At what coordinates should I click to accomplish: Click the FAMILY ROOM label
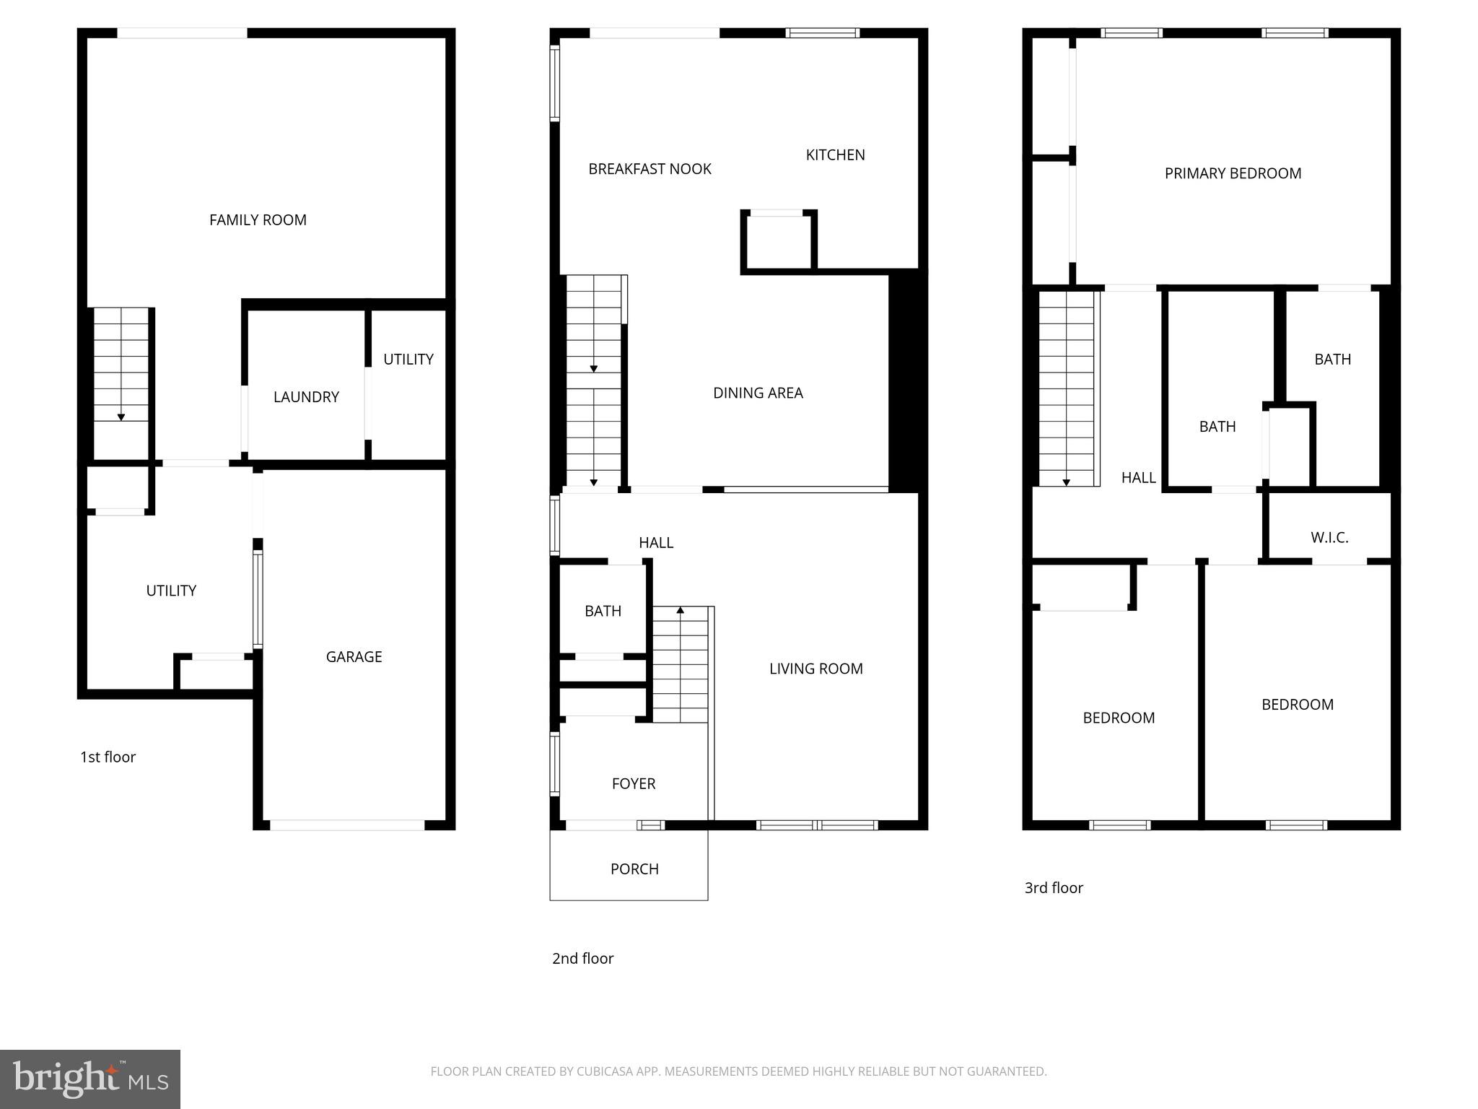tap(258, 220)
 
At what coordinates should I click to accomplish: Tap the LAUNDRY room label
tap(306, 397)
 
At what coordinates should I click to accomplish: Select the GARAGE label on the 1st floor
tap(354, 657)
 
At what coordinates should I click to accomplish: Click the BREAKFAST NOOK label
tap(650, 169)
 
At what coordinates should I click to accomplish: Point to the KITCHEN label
tap(835, 155)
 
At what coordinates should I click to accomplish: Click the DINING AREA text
tap(758, 393)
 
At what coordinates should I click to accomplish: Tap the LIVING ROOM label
tap(815, 669)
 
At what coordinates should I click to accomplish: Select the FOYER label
tap(634, 784)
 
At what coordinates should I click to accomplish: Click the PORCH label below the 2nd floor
tap(634, 869)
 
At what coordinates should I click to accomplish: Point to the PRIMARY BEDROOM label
tap(1233, 174)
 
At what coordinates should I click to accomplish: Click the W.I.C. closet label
tap(1329, 538)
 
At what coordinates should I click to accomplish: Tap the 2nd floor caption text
tap(582, 959)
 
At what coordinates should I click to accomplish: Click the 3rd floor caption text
tap(1054, 888)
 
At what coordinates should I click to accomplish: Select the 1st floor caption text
tap(108, 757)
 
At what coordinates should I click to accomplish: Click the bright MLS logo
tap(90, 1079)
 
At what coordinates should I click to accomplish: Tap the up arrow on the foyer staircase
tap(680, 611)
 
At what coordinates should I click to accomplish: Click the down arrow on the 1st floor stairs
tap(121, 417)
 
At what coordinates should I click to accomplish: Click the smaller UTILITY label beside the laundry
tap(408, 360)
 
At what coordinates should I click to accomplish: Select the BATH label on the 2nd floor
tap(603, 612)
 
